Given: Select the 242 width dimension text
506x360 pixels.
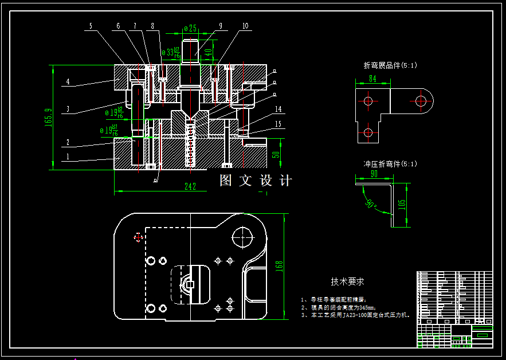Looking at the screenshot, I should point(190,186).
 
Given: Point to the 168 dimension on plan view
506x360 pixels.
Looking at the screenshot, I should point(279,266).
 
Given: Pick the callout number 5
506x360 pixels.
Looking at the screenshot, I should point(91,26).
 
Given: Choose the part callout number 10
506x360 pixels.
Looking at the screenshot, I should point(245,26).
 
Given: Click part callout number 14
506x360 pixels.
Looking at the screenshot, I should point(278,109).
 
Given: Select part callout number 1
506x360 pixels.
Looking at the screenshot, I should point(67,155).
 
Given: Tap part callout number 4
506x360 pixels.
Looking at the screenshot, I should point(67,82).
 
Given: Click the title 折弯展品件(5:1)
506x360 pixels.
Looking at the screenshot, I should point(390,65).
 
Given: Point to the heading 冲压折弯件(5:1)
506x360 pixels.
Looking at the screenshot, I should point(390,164).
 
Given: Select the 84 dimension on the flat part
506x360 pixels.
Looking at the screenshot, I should point(372,79).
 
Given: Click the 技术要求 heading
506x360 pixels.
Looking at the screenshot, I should point(347,282).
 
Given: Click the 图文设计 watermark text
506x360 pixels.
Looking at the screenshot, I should point(256,181).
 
